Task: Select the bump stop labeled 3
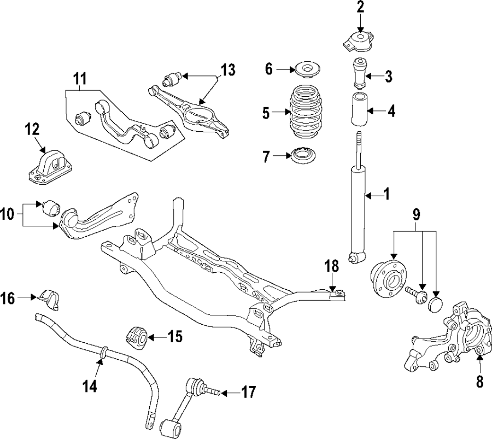pyautogui.click(x=359, y=73)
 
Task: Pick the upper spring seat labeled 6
pyautogui.click(x=307, y=71)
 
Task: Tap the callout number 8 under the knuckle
pyautogui.click(x=480, y=382)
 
